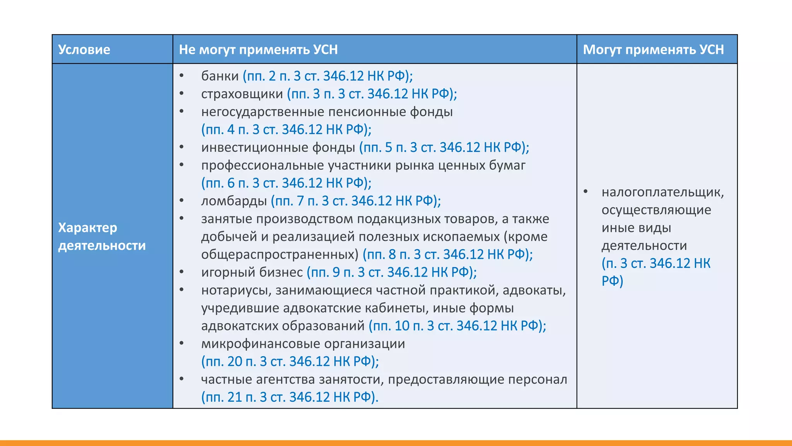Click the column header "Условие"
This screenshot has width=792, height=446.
click(84, 50)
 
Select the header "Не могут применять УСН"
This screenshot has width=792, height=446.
click(258, 50)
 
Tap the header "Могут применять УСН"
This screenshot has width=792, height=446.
click(653, 50)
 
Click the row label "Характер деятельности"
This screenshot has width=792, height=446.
click(102, 236)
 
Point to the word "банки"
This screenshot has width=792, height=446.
click(220, 76)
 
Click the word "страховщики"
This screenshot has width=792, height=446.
click(242, 94)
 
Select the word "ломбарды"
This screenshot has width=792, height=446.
click(234, 201)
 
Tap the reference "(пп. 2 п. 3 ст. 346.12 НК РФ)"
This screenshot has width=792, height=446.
click(327, 76)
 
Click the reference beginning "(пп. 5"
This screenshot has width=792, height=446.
click(444, 148)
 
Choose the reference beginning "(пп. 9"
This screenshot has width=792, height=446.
click(391, 272)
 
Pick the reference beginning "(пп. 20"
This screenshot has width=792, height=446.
click(290, 362)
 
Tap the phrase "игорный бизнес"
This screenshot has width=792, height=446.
click(252, 272)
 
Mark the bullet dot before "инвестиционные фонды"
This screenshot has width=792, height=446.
click(182, 147)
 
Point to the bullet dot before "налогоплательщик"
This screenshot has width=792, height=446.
click(586, 191)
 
